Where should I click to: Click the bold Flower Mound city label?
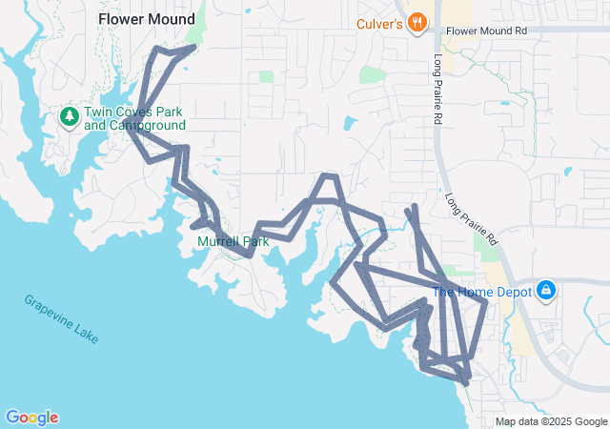pos(147,19)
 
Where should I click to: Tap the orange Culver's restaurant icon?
pos(417,23)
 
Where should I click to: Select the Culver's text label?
pos(379,23)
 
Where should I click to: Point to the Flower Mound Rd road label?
pos(486,31)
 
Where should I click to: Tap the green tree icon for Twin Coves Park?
pos(69,117)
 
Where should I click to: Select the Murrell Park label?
pos(234,241)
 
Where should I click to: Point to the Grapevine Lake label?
pos(61,318)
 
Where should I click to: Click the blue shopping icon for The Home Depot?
pos(546,289)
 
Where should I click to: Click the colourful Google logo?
pos(31,418)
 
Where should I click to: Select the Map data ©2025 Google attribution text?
pos(551,421)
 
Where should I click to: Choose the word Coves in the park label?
pos(131,112)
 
